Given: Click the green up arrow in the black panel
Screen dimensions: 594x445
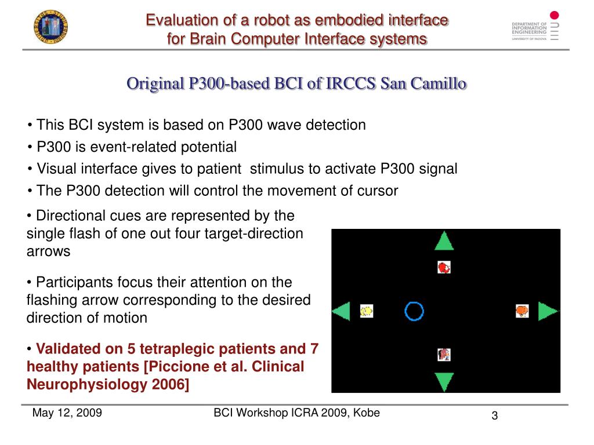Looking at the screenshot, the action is (x=444, y=242).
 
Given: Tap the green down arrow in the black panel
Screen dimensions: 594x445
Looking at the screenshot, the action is (x=444, y=381).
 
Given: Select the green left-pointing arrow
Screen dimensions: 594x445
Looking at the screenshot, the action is (x=342, y=311).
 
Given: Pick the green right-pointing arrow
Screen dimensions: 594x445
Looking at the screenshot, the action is (x=547, y=311).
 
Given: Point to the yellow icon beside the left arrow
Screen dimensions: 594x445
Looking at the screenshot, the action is (x=367, y=311).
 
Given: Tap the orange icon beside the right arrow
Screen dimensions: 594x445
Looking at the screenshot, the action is (x=522, y=311).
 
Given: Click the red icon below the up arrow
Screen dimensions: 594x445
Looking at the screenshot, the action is (x=444, y=267).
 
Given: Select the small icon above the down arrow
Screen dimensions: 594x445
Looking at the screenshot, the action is (x=444, y=355).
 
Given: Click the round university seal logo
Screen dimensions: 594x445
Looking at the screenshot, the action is (x=51, y=27).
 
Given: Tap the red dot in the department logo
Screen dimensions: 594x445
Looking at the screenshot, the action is (x=554, y=15).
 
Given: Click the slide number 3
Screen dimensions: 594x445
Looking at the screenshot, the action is (x=494, y=415).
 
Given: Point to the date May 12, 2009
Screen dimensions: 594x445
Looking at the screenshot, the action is (x=67, y=413).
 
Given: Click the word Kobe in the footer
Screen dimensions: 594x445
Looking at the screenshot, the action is (x=367, y=413).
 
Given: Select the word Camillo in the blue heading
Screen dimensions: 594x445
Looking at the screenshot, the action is (x=439, y=83).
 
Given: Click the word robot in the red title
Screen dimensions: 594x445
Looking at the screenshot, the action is (x=271, y=20).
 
